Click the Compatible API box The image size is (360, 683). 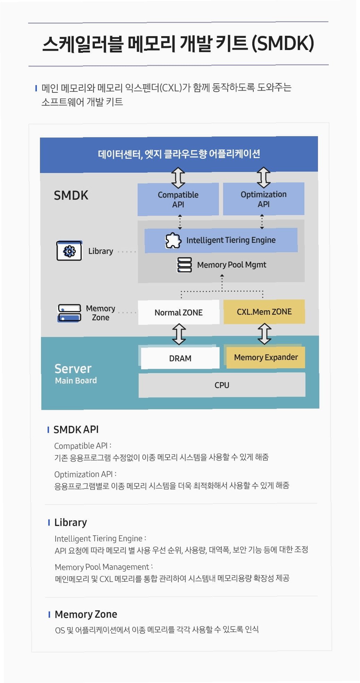point(178,199)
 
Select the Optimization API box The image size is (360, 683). point(263,199)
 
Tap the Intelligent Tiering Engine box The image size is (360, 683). point(221,240)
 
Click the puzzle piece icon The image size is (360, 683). point(173,240)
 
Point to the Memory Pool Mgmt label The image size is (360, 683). point(232,265)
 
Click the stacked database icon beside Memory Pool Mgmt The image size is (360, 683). point(184,265)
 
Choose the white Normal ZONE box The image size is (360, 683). point(178,313)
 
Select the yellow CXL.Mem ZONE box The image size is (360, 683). point(264,312)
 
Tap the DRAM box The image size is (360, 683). point(180,358)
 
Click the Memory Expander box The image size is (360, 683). point(266,357)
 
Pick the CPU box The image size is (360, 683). point(222,385)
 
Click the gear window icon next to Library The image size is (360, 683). point(69,251)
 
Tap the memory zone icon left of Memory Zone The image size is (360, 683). point(69,313)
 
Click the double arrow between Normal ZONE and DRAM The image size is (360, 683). point(179,334)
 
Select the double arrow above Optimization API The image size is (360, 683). point(263,177)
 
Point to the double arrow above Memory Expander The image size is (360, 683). point(265,334)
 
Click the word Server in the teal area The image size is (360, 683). point(73,368)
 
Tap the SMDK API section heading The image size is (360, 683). point(76,430)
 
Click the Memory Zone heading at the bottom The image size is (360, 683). point(86,614)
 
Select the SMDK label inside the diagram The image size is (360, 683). point(71,195)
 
